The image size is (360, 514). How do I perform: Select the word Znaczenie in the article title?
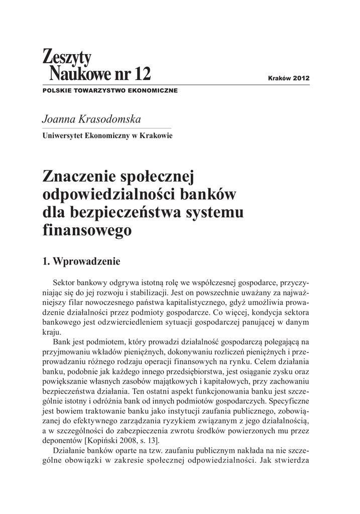77,176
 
